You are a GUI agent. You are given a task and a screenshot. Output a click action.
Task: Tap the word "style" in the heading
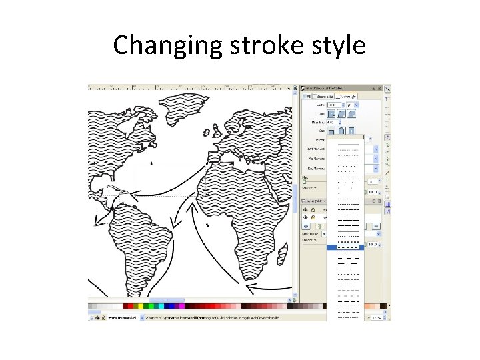coord(339,45)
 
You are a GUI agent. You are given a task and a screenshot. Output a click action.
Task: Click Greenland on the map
coord(180,110)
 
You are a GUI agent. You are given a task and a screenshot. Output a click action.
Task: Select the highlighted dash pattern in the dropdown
coord(345,247)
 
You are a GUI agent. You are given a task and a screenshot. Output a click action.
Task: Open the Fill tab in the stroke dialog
coord(309,96)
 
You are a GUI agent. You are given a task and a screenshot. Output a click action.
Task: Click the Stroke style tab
coord(347,96)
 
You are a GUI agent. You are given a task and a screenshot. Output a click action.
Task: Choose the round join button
coord(341,114)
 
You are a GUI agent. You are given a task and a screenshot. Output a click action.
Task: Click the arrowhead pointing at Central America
coord(132,195)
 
